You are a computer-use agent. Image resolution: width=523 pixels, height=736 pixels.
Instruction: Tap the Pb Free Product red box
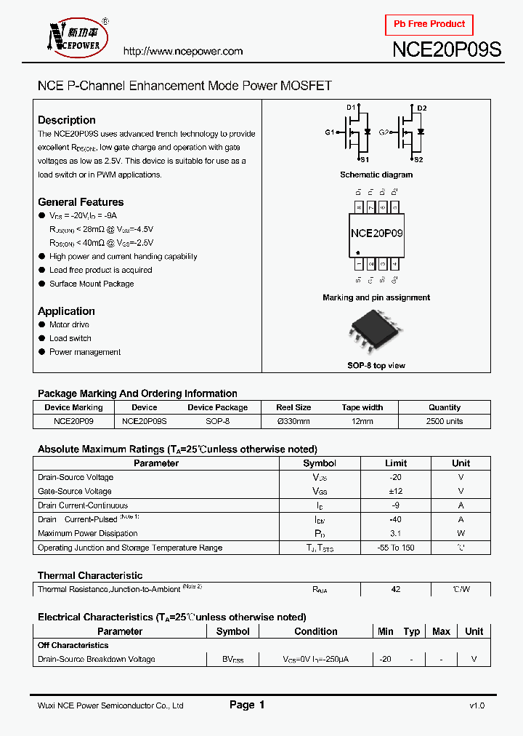429,24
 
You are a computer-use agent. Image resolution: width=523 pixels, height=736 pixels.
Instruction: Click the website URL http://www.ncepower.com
182,51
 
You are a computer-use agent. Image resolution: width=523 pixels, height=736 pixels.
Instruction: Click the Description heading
66,120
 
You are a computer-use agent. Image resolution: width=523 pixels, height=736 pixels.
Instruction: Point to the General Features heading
81,202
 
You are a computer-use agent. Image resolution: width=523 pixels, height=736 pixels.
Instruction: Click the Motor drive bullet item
69,325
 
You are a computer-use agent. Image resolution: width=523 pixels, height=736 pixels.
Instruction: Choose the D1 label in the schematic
350,108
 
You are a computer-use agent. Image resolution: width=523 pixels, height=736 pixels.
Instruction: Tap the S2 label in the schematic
418,159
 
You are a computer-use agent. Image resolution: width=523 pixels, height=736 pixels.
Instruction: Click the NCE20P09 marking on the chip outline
376,233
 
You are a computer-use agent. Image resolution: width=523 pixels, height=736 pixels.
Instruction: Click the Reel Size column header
293,407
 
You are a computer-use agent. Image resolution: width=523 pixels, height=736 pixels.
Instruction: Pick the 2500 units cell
445,421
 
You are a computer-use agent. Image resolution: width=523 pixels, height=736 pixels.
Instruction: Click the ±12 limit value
396,492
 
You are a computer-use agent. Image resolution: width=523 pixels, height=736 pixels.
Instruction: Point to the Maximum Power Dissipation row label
87,534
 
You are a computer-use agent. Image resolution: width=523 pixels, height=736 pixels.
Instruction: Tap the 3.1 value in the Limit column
396,534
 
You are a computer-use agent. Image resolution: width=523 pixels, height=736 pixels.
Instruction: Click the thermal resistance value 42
396,590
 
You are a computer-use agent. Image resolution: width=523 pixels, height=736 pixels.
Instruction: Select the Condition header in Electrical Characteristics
315,631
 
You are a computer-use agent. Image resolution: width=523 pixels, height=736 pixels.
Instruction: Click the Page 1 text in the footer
247,705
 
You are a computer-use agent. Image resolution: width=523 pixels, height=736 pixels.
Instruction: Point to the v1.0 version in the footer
477,705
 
